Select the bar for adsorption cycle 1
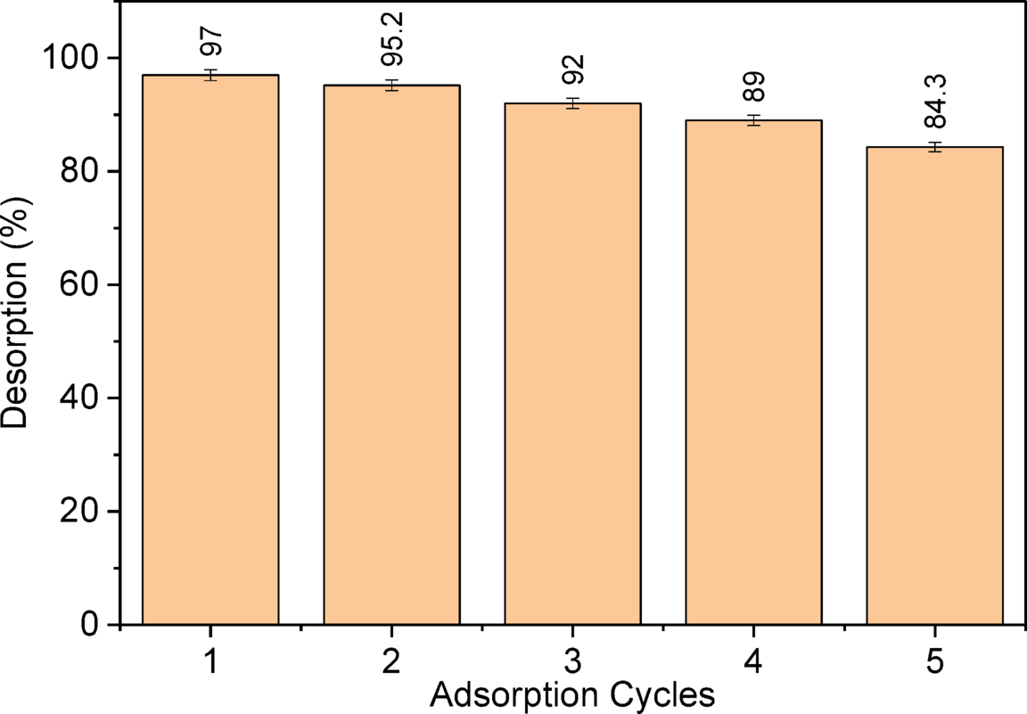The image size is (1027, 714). click(x=210, y=349)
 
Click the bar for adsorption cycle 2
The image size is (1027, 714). click(x=391, y=355)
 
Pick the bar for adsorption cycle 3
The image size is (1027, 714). click(x=572, y=364)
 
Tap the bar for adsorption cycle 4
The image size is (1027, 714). click(x=753, y=372)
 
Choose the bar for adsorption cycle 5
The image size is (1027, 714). click(x=934, y=385)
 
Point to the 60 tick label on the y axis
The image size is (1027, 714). click(x=86, y=284)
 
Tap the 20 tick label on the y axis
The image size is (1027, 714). click(x=86, y=512)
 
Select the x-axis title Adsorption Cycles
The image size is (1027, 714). click(x=571, y=694)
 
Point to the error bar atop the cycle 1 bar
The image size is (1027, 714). click(x=210, y=75)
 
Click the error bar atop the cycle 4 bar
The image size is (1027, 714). click(x=753, y=120)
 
